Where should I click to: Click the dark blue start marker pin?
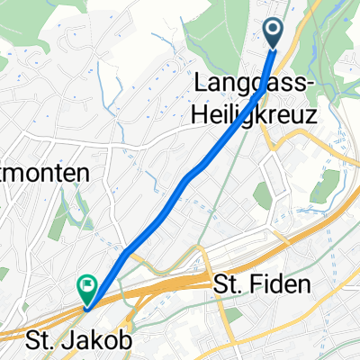click(274, 33)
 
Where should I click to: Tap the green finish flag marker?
click(87, 289)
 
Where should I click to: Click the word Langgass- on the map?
click(255, 85)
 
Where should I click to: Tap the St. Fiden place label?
click(262, 286)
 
